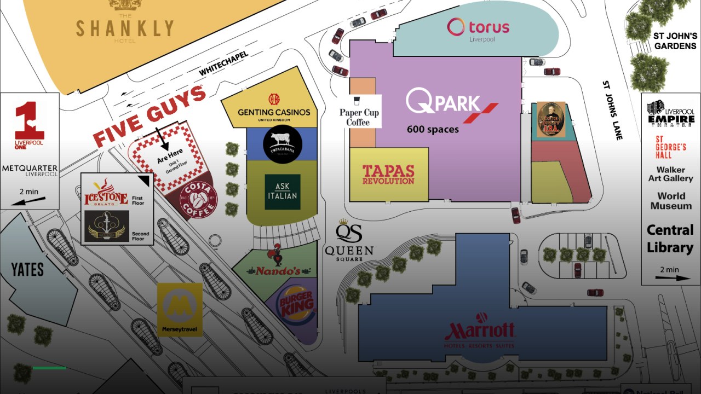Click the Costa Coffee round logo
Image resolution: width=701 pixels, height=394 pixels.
[x=198, y=200]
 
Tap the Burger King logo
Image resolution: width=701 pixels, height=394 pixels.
[x=297, y=304]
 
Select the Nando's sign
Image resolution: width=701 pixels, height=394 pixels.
[x=278, y=270]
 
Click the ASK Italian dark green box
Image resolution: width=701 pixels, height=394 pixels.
[x=283, y=192]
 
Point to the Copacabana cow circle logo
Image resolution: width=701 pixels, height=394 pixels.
[x=283, y=144]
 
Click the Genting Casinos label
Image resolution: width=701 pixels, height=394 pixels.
[x=274, y=112]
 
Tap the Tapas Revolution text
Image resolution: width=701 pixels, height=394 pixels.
[x=388, y=174]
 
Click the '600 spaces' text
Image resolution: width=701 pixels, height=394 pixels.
[x=433, y=130]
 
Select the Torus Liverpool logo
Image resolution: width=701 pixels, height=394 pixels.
[x=478, y=28]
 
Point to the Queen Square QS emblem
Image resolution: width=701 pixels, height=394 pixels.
[x=349, y=232]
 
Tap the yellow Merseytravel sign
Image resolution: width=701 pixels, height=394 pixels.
[x=180, y=309]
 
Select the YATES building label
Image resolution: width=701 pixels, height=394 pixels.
[x=27, y=269]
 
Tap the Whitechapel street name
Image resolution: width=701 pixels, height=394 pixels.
[x=223, y=64]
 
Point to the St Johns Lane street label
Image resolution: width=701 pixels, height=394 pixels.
[x=612, y=110]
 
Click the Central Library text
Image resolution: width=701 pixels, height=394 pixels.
[x=670, y=239]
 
